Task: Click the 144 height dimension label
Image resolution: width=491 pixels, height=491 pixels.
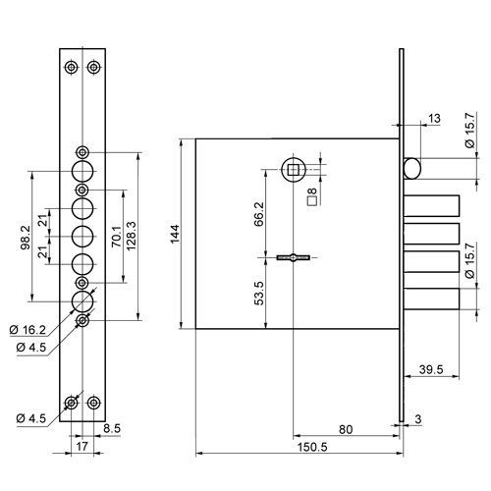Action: pyautogui.click(x=175, y=234)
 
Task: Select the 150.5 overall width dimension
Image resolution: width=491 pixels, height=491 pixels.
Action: pyautogui.click(x=312, y=447)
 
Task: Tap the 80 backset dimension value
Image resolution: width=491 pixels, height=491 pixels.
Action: pyautogui.click(x=346, y=429)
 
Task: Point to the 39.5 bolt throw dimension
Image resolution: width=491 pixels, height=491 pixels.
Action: pyautogui.click(x=431, y=370)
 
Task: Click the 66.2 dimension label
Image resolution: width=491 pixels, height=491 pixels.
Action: pyautogui.click(x=258, y=214)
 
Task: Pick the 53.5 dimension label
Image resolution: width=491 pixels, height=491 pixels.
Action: pyautogui.click(x=258, y=294)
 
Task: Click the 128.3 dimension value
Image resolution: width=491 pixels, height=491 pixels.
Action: pyautogui.click(x=131, y=236)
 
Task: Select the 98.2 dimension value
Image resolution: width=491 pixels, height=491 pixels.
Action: pyautogui.click(x=26, y=238)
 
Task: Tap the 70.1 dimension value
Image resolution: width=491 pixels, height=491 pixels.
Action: pyautogui.click(x=117, y=236)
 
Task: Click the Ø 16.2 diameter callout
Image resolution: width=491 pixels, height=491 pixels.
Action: pyautogui.click(x=27, y=330)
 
